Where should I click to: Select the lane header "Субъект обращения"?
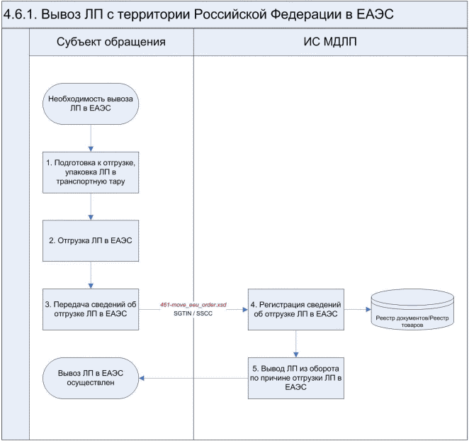111,42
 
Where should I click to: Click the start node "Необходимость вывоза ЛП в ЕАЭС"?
91,104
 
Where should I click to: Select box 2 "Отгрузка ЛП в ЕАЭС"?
91,240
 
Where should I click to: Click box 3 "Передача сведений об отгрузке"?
91,309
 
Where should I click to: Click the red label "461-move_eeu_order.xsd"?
193,303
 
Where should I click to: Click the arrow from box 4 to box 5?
295,343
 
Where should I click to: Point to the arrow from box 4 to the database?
357,309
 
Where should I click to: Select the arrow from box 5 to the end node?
192,377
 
